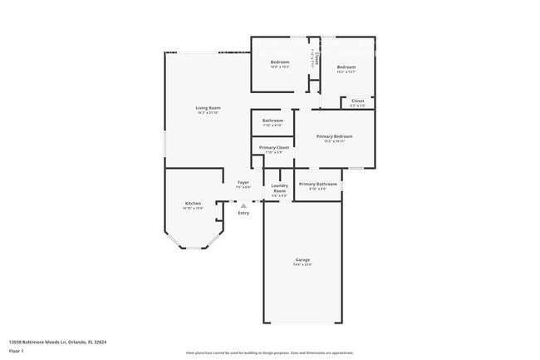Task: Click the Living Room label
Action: click(208, 108)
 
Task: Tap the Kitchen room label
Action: click(193, 203)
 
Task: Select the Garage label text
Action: click(302, 259)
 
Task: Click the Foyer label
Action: click(243, 182)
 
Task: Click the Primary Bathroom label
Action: click(317, 184)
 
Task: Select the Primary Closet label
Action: click(273, 147)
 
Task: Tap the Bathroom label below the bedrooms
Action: click(272, 121)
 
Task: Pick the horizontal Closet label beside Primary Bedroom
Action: click(357, 101)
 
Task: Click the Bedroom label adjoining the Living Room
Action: click(279, 62)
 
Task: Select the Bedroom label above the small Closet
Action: click(346, 67)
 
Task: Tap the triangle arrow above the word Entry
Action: click(243, 205)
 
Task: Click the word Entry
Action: click(243, 214)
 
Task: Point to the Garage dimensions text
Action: click(302, 264)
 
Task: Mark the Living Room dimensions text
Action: click(208, 113)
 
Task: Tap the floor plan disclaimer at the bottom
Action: click(270, 353)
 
